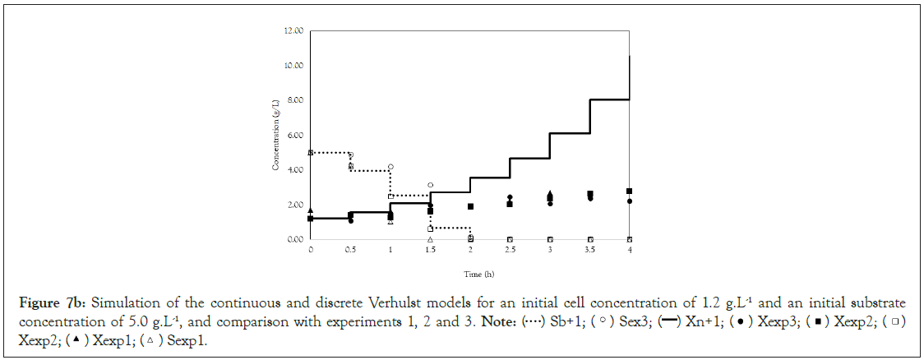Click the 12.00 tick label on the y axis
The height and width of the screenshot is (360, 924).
point(293,31)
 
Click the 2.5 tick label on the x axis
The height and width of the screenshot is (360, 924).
point(510,250)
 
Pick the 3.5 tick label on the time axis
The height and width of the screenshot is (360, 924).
point(589,250)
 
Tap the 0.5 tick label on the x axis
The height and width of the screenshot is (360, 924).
point(350,250)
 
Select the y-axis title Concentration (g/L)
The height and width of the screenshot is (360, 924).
point(277,136)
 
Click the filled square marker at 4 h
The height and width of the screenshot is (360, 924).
point(629,191)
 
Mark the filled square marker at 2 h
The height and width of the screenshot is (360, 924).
point(470,206)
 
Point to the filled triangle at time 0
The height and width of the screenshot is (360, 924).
point(310,210)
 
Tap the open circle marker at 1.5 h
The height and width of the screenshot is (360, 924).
point(430,185)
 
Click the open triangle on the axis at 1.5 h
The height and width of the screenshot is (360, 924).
point(430,239)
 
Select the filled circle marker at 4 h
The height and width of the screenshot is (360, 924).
point(629,201)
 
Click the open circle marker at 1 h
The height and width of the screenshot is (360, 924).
point(390,167)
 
